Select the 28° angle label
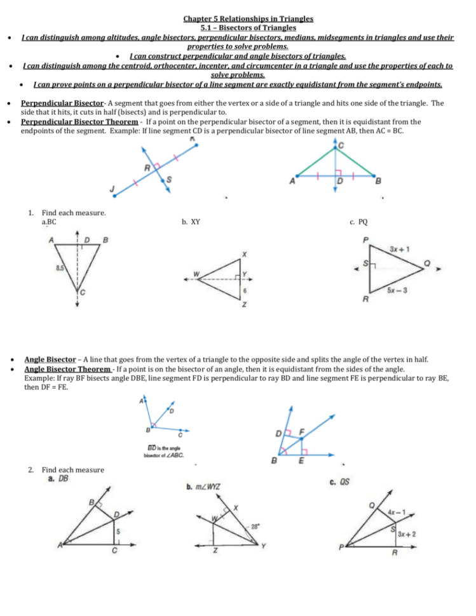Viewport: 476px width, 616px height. (x=255, y=526)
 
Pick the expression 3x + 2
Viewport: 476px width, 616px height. (x=407, y=534)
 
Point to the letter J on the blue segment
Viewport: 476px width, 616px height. (x=112, y=189)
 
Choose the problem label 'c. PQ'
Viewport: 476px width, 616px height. (x=358, y=222)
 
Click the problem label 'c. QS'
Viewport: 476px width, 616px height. (x=339, y=482)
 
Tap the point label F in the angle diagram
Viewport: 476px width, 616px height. (x=303, y=431)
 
